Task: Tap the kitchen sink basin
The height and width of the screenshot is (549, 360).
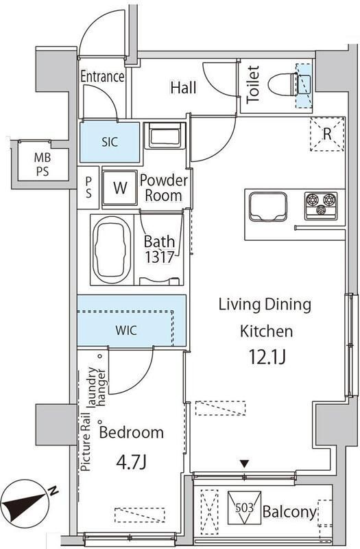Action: (268, 207)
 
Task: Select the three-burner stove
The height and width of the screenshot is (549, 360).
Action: (321, 206)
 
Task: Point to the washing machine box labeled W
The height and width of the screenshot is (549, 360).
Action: (119, 187)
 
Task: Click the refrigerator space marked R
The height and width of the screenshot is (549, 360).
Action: (328, 134)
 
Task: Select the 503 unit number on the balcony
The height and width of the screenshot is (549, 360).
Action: (244, 507)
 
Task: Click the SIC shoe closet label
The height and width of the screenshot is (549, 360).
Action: (110, 142)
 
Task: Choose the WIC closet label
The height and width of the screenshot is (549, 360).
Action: (126, 330)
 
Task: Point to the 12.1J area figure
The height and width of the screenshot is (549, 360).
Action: (267, 357)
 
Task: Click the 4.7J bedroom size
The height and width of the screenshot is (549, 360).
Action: (131, 463)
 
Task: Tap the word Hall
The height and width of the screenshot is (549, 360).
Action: (183, 88)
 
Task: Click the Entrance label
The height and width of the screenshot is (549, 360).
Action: (102, 77)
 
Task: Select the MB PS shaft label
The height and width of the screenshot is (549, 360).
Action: (43, 165)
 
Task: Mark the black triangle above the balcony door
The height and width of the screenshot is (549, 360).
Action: (244, 465)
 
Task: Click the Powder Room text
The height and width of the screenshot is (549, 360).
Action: (164, 188)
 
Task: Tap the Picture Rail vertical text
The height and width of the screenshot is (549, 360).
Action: (86, 442)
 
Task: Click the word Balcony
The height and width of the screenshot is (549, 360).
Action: (289, 512)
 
